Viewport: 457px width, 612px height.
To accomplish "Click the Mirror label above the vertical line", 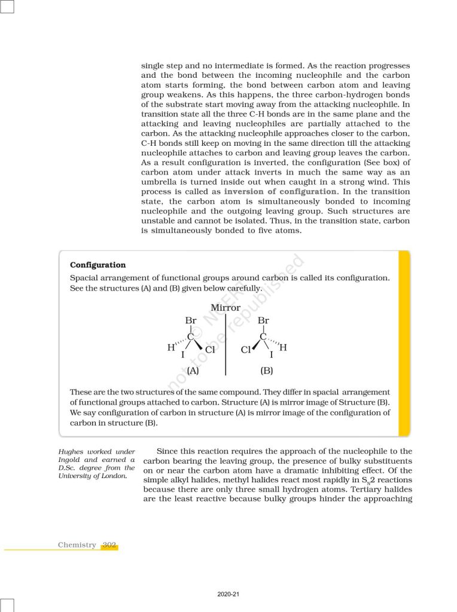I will coord(226,308).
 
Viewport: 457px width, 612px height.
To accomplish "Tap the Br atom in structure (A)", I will coord(191,321).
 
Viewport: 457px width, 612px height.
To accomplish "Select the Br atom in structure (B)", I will coord(263,321).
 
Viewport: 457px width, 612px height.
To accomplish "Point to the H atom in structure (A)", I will coord(170,347).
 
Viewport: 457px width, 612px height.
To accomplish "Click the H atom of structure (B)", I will coord(284,347).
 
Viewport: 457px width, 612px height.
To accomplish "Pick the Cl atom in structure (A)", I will coord(210,350).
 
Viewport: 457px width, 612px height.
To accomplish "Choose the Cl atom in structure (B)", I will coord(246,350).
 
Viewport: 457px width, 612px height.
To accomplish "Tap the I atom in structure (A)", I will coord(183,355).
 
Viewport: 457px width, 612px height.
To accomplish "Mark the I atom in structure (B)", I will coord(271,355).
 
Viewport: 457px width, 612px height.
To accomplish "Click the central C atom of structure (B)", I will coord(263,337).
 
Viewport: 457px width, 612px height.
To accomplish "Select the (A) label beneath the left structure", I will coord(193,371).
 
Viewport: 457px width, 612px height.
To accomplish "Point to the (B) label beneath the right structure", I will coord(267,371).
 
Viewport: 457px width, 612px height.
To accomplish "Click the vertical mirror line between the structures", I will coord(226,347).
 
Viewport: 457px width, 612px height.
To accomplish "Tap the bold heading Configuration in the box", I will coord(98,265).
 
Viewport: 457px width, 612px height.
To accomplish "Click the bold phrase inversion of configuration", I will coord(280,191).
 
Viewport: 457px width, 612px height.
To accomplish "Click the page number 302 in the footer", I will coord(109,544).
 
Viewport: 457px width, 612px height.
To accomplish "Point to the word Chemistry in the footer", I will coord(77,544).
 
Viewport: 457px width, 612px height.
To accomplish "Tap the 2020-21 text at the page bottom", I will coord(228,595).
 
